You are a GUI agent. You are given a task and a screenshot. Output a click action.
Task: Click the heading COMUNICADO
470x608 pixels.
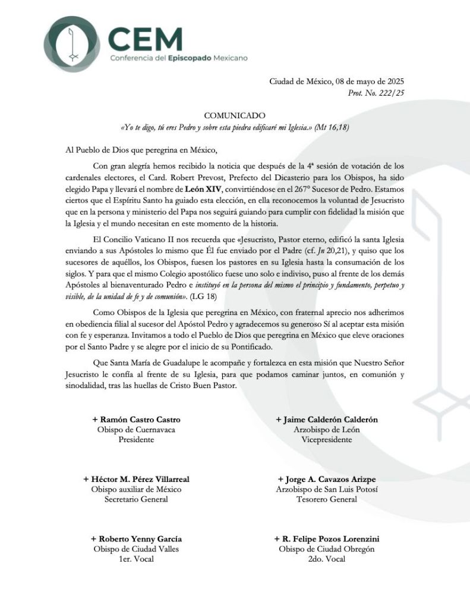235,115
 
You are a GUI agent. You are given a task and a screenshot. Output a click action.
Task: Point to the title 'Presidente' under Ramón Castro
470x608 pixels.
136,440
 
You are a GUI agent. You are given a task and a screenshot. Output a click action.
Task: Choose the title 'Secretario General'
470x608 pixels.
136,500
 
